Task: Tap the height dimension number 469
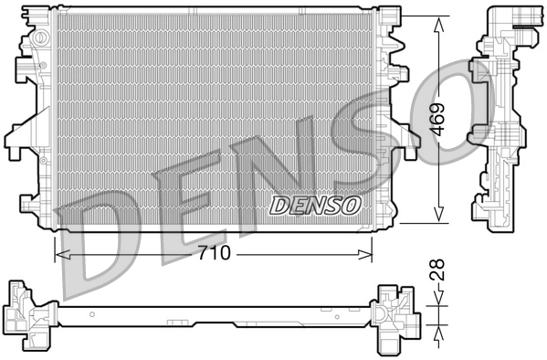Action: tap(440, 119)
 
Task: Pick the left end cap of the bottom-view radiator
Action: tap(25, 315)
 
